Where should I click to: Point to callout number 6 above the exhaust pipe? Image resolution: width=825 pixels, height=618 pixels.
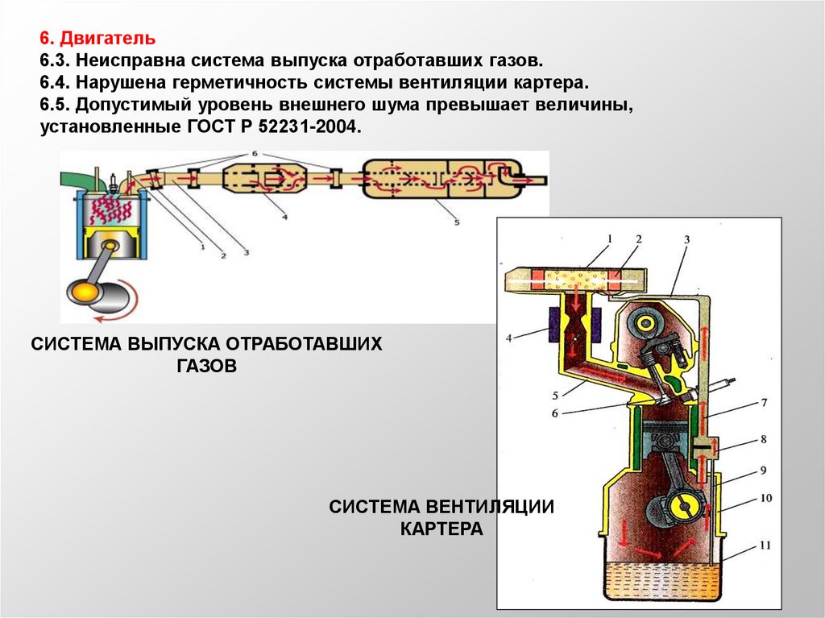click(x=255, y=153)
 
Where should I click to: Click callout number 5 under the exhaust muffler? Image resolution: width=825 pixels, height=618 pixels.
click(x=457, y=222)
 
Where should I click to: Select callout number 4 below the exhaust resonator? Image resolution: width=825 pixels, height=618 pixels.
click(x=284, y=217)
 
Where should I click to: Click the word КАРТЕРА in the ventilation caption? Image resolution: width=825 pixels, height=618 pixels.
click(x=442, y=529)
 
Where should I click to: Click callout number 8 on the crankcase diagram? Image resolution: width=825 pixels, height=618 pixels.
click(x=763, y=441)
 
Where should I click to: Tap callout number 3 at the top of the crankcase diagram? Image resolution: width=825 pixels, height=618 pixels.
click(x=686, y=239)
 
